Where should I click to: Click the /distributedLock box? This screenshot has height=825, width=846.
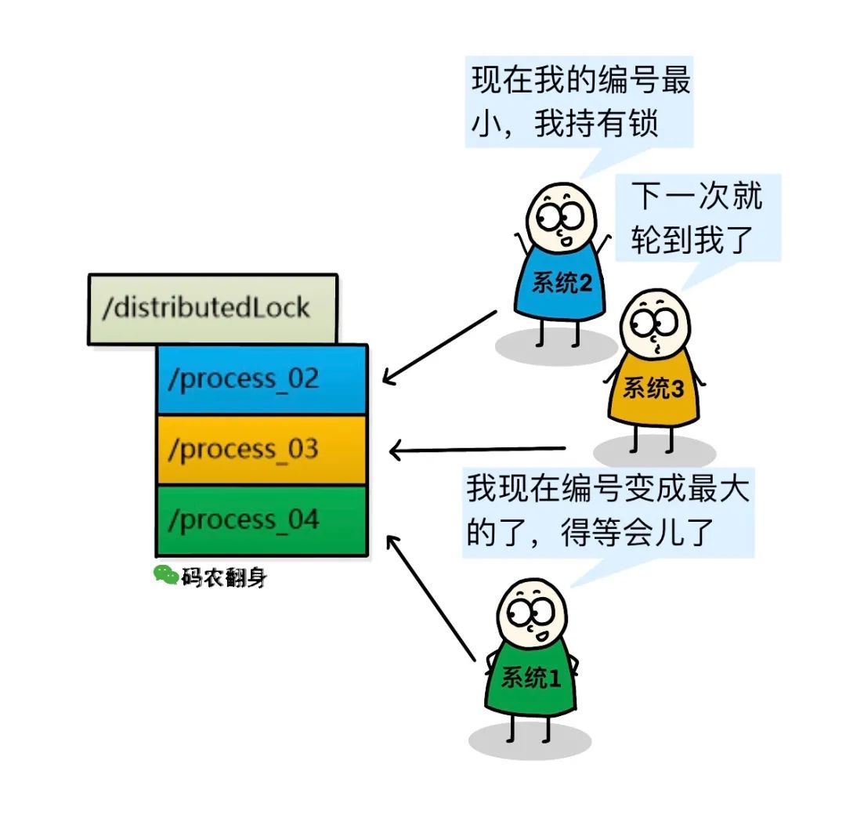coord(212,309)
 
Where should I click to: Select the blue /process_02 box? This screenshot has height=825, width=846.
coord(262,379)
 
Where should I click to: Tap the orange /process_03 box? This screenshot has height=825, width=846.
coord(262,450)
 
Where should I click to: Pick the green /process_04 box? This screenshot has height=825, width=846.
coord(262,520)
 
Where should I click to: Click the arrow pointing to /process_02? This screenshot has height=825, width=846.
coord(439,347)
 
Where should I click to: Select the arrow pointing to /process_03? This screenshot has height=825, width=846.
coord(478,450)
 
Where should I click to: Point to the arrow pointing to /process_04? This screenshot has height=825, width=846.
coord(431,595)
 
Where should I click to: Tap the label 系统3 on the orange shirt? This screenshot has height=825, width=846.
coord(653,388)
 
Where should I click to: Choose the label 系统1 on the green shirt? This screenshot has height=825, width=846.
coord(531,678)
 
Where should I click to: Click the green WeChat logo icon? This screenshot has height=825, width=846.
coord(165,576)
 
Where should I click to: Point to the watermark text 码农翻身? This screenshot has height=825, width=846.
coord(224,578)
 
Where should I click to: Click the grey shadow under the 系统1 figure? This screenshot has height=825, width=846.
coord(530,741)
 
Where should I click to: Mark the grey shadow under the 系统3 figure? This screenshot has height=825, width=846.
coord(654,453)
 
